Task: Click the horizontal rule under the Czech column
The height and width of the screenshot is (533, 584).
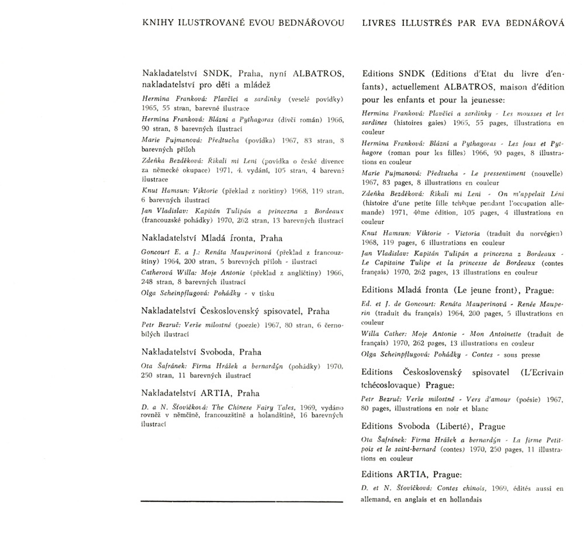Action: pyautogui.click(x=242, y=501)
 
